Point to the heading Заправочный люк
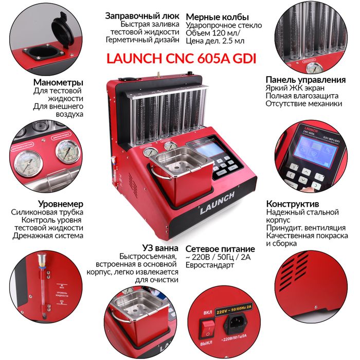[x=142, y=16]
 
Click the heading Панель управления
[x=305, y=80]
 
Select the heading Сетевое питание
[x=219, y=247]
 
